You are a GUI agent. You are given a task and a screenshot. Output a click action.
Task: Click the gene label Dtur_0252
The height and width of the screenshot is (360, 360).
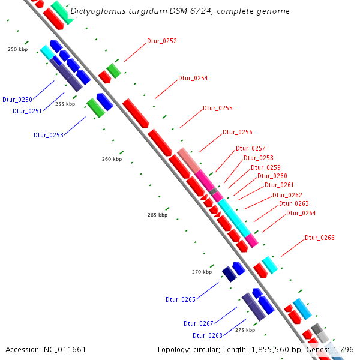[x=162, y=41]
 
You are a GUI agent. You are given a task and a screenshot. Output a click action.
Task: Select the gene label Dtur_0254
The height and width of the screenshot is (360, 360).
[x=193, y=79]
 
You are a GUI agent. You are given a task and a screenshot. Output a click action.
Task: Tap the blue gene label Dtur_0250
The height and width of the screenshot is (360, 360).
[x=17, y=100]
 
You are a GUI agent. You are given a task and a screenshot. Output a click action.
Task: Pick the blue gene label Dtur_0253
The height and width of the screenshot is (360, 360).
[x=49, y=135]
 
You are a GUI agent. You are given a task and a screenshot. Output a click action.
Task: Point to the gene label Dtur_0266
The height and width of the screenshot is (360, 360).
[x=320, y=238]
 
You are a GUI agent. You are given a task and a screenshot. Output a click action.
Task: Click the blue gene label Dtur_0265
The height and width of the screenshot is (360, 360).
[x=181, y=299]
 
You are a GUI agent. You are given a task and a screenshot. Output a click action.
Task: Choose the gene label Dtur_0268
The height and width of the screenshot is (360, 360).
[x=208, y=335]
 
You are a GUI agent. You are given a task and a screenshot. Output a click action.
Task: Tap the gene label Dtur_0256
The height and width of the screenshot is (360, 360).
[x=238, y=132]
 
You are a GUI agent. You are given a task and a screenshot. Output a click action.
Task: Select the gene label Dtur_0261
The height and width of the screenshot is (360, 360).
[x=280, y=185]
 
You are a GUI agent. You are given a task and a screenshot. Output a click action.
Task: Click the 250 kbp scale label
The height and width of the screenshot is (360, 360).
[x=18, y=49]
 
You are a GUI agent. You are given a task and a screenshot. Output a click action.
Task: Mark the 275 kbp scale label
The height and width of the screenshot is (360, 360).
[x=245, y=330]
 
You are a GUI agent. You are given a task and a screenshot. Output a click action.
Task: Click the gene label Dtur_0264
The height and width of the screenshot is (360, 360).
[x=301, y=213]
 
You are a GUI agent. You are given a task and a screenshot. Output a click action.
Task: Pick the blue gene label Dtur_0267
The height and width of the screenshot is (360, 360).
[x=199, y=323]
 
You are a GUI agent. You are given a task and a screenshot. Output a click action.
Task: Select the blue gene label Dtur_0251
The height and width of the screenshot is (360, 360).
[x=28, y=111]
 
